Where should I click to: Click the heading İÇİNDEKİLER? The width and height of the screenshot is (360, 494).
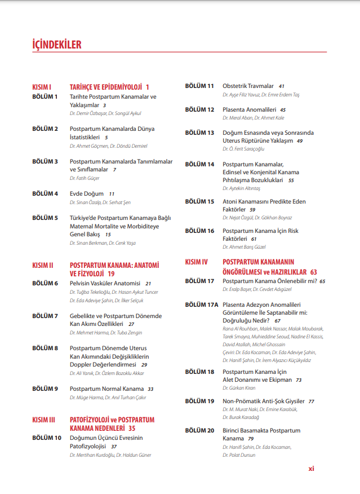[57, 45]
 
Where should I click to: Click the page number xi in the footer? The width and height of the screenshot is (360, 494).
[311, 468]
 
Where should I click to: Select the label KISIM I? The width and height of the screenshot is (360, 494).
[42, 87]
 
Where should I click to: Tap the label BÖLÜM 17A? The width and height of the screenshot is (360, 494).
[201, 305]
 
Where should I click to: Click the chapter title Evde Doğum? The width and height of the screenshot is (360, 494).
[87, 193]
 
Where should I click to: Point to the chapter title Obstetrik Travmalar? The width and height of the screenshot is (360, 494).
[248, 86]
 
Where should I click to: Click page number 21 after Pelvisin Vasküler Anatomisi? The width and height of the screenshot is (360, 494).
[148, 284]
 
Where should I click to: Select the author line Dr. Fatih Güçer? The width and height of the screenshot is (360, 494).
[84, 178]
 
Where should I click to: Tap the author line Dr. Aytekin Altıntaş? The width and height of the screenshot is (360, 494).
[242, 188]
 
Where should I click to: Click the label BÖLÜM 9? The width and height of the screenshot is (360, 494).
[45, 389]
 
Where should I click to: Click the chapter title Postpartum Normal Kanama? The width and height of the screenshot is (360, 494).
[106, 389]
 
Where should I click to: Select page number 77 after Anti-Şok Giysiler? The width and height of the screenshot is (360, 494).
[311, 402]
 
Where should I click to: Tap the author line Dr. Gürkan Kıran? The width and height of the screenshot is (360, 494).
[239, 388]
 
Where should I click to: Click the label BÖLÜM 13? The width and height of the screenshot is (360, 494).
[199, 133]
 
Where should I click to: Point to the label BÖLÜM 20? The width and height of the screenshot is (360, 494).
[199, 430]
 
